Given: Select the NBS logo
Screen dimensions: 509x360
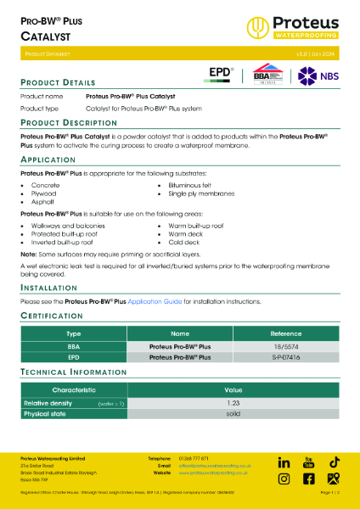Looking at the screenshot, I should coord(314,75).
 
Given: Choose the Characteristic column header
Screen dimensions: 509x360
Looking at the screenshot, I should coord(74,389).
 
